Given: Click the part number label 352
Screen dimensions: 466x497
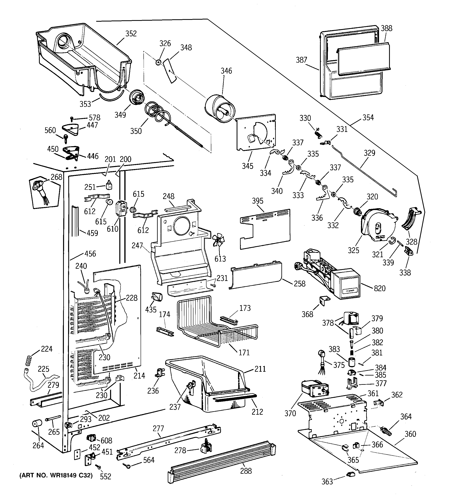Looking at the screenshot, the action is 131,34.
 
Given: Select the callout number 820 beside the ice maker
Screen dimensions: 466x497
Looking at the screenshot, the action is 379,288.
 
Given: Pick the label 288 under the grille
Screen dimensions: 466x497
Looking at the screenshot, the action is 246,471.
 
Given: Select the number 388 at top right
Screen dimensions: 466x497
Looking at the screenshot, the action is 386,28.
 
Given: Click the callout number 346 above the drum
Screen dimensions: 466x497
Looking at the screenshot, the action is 226,71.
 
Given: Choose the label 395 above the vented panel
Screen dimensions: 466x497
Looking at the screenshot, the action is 258,201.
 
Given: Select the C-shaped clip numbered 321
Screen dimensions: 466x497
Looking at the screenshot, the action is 392,240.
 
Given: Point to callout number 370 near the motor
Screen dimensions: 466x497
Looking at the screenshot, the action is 290,413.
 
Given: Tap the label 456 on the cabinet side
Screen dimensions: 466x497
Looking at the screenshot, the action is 90,254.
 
